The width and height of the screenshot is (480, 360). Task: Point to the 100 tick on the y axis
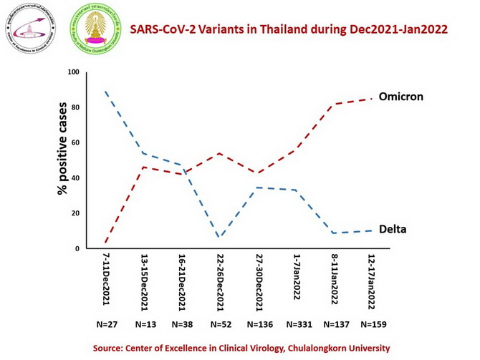click(x=73, y=72)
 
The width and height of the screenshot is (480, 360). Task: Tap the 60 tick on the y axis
click(x=75, y=143)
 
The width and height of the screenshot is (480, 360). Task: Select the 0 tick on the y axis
click(x=77, y=248)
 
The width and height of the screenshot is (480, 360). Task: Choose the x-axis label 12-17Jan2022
click(x=371, y=281)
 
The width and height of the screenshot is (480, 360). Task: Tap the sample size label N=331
click(x=296, y=323)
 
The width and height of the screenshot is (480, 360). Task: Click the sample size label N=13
click(x=144, y=323)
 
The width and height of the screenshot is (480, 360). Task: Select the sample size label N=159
click(x=373, y=323)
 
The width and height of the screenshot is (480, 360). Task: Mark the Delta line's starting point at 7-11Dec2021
click(x=105, y=92)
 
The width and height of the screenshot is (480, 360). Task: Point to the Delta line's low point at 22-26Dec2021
click(x=219, y=237)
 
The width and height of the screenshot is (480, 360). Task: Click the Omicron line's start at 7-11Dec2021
click(x=105, y=243)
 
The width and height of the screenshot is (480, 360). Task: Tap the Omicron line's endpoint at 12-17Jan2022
click(x=371, y=99)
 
